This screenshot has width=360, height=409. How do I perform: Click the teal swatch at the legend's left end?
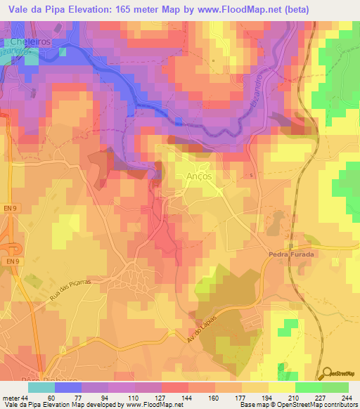click(41, 387)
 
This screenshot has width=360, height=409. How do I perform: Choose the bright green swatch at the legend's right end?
click(335, 387)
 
